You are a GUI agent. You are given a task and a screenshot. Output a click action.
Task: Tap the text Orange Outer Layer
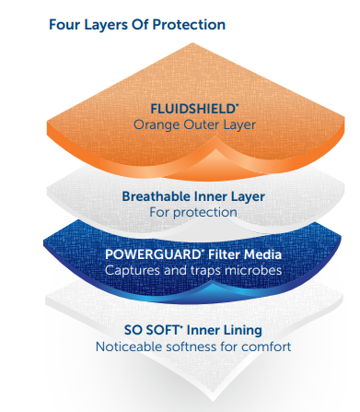click(193, 124)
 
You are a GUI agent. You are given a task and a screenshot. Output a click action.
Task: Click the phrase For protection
click(193, 212)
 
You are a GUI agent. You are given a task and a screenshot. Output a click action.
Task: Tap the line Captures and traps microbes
click(193, 271)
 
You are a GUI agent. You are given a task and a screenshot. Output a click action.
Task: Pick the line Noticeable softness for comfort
click(193, 347)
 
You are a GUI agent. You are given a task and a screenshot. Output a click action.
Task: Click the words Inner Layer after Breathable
click(231, 196)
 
